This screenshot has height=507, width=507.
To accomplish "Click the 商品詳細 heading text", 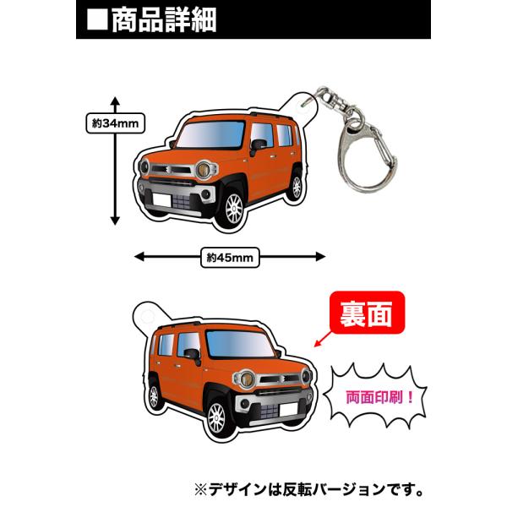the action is coord(164,20).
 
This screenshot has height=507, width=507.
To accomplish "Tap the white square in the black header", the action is coord(97,20).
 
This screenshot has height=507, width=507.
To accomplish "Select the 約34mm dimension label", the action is coord(115,123).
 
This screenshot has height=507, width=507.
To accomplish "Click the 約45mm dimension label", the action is coord(230,258).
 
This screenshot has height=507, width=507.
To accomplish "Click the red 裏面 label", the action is coord(367,313).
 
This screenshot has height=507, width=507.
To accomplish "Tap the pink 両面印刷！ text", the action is coord(379,397).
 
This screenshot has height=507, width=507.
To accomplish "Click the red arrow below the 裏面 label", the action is coord(323,339).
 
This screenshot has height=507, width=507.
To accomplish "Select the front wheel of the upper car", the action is coord(234,209).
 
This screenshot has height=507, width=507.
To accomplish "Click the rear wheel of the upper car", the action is coord(297,187).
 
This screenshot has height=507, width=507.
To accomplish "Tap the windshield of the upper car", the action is coord(210,134).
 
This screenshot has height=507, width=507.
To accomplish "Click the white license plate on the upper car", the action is coord(162,200).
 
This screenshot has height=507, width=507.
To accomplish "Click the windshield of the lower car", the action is coord(240,345).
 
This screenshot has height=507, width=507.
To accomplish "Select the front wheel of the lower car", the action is coord(216,418).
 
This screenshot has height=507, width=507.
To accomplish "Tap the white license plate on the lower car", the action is coord(288,410).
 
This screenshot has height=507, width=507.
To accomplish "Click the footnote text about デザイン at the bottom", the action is coord(308,490).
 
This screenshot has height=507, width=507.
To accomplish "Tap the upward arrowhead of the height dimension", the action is coord(115,101).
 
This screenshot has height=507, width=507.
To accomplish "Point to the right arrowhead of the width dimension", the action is coord(320,257).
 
